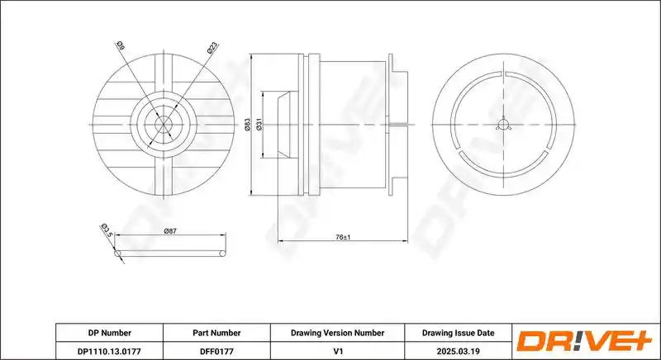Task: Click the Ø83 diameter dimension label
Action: pyautogui.click(x=247, y=125)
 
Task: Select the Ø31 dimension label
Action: pyautogui.click(x=259, y=125)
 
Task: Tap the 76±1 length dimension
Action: pyautogui.click(x=343, y=238)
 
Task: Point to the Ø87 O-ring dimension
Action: pyautogui.click(x=170, y=230)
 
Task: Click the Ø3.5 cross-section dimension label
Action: pyautogui.click(x=107, y=230)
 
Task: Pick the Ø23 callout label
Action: pyautogui.click(x=212, y=48)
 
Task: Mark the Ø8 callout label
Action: pyautogui.click(x=120, y=45)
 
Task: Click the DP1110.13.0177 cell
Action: pyautogui.click(x=110, y=351)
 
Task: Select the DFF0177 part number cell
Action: pyautogui.click(x=216, y=351)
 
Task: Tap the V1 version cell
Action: pyautogui.click(x=337, y=351)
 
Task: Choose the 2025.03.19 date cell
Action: pyautogui.click(x=459, y=351)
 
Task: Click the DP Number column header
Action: pyautogui.click(x=110, y=333)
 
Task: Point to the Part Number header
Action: pyautogui.click(x=216, y=333)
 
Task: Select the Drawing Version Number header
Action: pyautogui.click(x=337, y=333)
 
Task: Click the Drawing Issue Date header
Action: pyautogui.click(x=459, y=333)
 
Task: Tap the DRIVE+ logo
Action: pyautogui.click(x=584, y=341)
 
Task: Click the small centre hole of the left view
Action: pyautogui.click(x=164, y=125)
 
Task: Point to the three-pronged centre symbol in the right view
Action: pyautogui.click(x=503, y=124)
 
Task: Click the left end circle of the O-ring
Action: pyautogui.click(x=117, y=253)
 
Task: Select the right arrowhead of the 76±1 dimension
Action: pyautogui.click(x=405, y=241)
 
